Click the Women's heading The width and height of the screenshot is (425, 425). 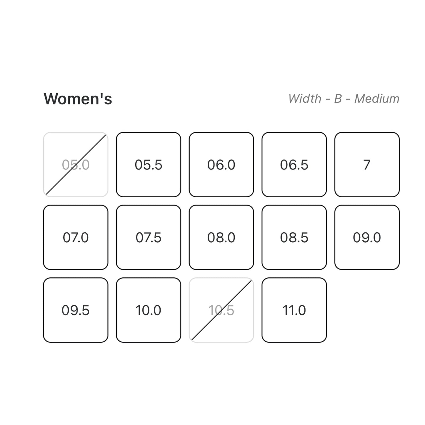pos(78,99)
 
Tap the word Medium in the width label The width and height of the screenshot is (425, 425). pos(377,99)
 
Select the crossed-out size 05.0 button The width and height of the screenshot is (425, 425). pos(76,164)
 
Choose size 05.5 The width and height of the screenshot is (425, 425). pos(149,164)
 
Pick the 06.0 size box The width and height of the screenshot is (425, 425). pos(221,164)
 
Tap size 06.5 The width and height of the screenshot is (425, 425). pos(294,164)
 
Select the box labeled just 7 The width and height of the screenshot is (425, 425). pos(367,164)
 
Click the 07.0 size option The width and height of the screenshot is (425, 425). pos(76,237)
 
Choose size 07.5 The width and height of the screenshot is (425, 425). pos(149,237)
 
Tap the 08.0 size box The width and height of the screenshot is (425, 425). pos(221,237)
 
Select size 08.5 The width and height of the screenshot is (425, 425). pos(294,237)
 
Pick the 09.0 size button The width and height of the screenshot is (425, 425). pos(367,237)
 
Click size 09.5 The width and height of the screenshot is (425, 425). pos(76,310)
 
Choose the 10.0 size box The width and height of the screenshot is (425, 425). pos(149,310)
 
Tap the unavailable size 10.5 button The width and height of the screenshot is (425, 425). pos(221,310)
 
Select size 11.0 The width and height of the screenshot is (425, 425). pos(294,310)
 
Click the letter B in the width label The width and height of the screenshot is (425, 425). pos(338,99)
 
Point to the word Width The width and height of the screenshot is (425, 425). pos(305,98)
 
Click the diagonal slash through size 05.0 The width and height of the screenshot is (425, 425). pos(76,164)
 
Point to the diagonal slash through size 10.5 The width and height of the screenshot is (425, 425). pos(221,310)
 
